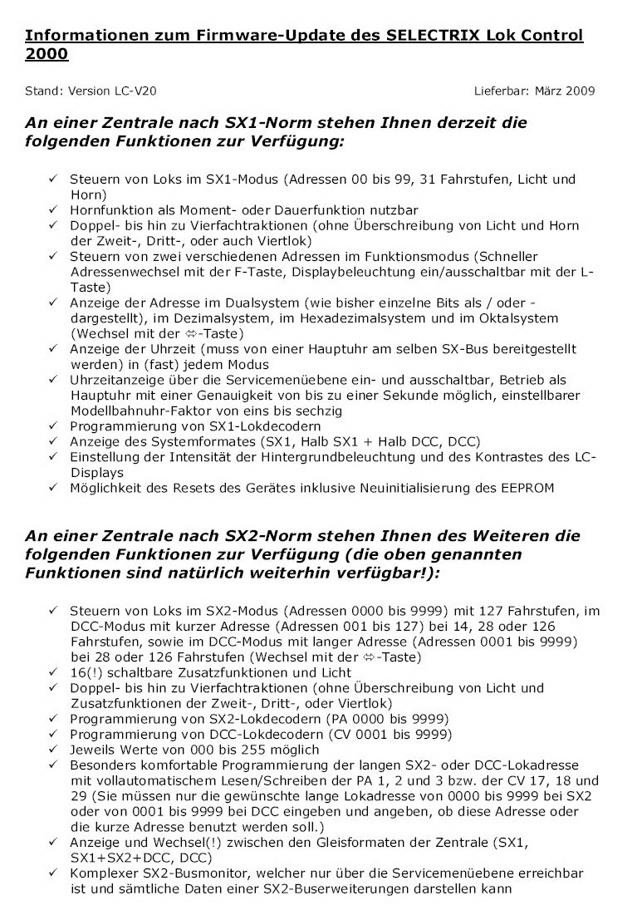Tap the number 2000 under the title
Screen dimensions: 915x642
(x=47, y=54)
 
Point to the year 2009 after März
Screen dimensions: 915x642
(x=579, y=91)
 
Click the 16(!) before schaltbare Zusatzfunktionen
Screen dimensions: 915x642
(x=84, y=672)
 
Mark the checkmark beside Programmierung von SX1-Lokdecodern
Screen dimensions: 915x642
(x=52, y=426)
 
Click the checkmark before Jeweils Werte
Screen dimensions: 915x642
(x=52, y=749)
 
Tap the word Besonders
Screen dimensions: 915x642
(x=102, y=765)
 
